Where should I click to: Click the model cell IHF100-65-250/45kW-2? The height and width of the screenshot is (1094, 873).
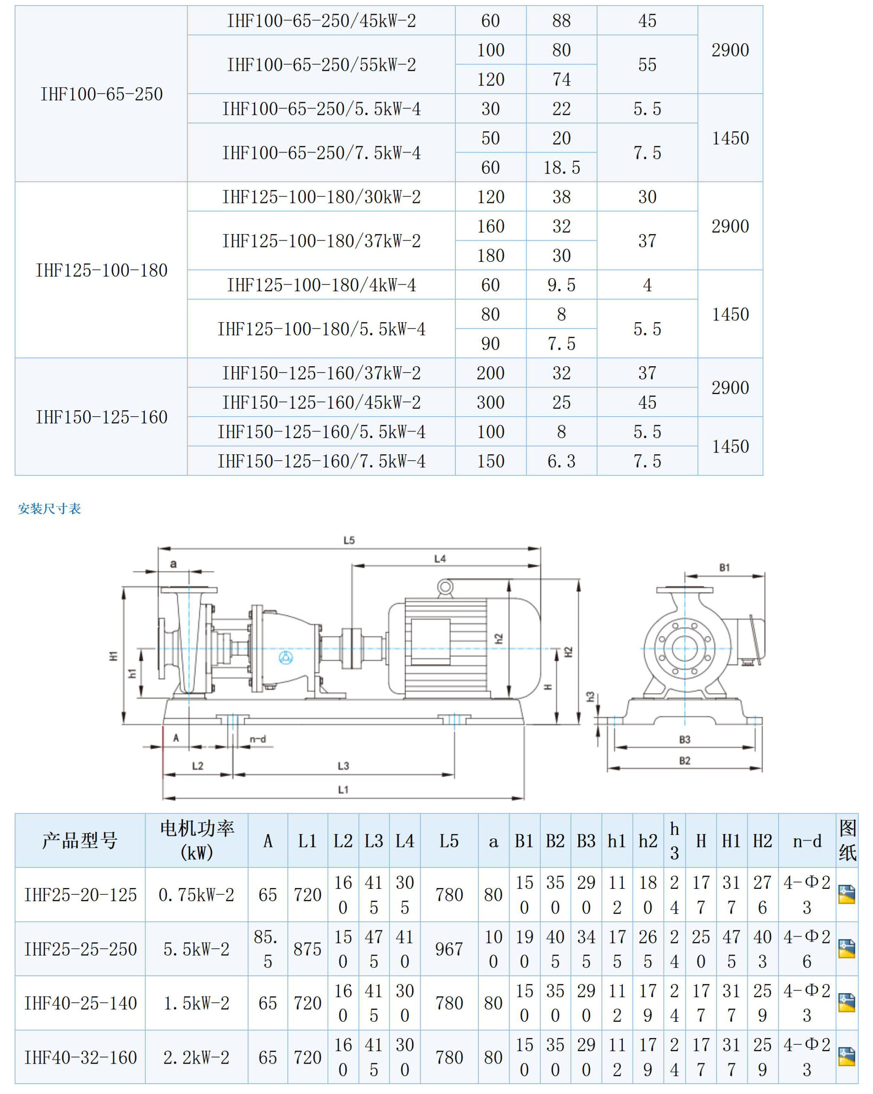tap(321, 21)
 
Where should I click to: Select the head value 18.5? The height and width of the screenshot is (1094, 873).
tap(561, 168)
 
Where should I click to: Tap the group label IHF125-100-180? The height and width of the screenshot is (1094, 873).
tap(101, 270)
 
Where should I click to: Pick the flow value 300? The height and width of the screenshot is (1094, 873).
tap(490, 403)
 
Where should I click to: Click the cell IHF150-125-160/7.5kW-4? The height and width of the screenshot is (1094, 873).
tap(321, 461)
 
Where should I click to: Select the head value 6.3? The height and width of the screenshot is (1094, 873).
tap(561, 461)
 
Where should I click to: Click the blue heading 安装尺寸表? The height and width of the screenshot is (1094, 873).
tap(49, 509)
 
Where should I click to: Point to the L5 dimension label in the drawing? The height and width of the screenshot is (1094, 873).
tap(349, 541)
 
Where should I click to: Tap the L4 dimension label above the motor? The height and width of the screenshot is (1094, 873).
tap(440, 559)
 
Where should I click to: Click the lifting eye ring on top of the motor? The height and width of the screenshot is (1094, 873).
tap(445, 587)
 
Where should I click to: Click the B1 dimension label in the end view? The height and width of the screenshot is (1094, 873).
tap(724, 568)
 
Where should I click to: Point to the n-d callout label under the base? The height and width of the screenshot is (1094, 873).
tap(258, 739)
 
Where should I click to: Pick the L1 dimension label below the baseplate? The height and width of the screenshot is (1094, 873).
tap(343, 790)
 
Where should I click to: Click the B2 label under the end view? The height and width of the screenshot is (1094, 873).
tap(685, 761)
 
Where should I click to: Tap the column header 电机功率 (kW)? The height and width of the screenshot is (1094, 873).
tap(197, 840)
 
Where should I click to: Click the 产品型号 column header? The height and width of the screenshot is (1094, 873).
tap(80, 841)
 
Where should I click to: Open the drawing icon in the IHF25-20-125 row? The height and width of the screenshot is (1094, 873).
tap(846, 894)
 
